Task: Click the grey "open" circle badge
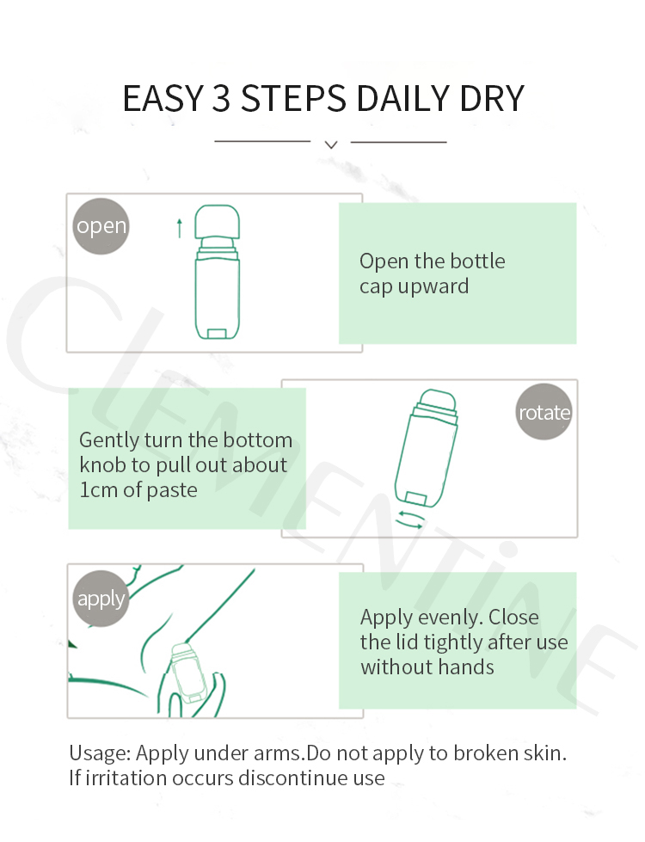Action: (x=101, y=226)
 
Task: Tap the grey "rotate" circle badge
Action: (x=544, y=412)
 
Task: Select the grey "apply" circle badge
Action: (x=101, y=599)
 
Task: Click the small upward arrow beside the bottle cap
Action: (x=180, y=228)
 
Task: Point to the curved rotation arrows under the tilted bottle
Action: (x=409, y=519)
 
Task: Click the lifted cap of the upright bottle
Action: (x=217, y=222)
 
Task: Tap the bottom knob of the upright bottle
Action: (x=217, y=334)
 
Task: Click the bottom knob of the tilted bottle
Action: (x=415, y=498)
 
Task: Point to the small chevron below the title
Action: (x=331, y=144)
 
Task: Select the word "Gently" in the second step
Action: (x=109, y=440)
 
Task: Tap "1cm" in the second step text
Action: (x=99, y=489)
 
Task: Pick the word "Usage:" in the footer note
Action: (x=100, y=753)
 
